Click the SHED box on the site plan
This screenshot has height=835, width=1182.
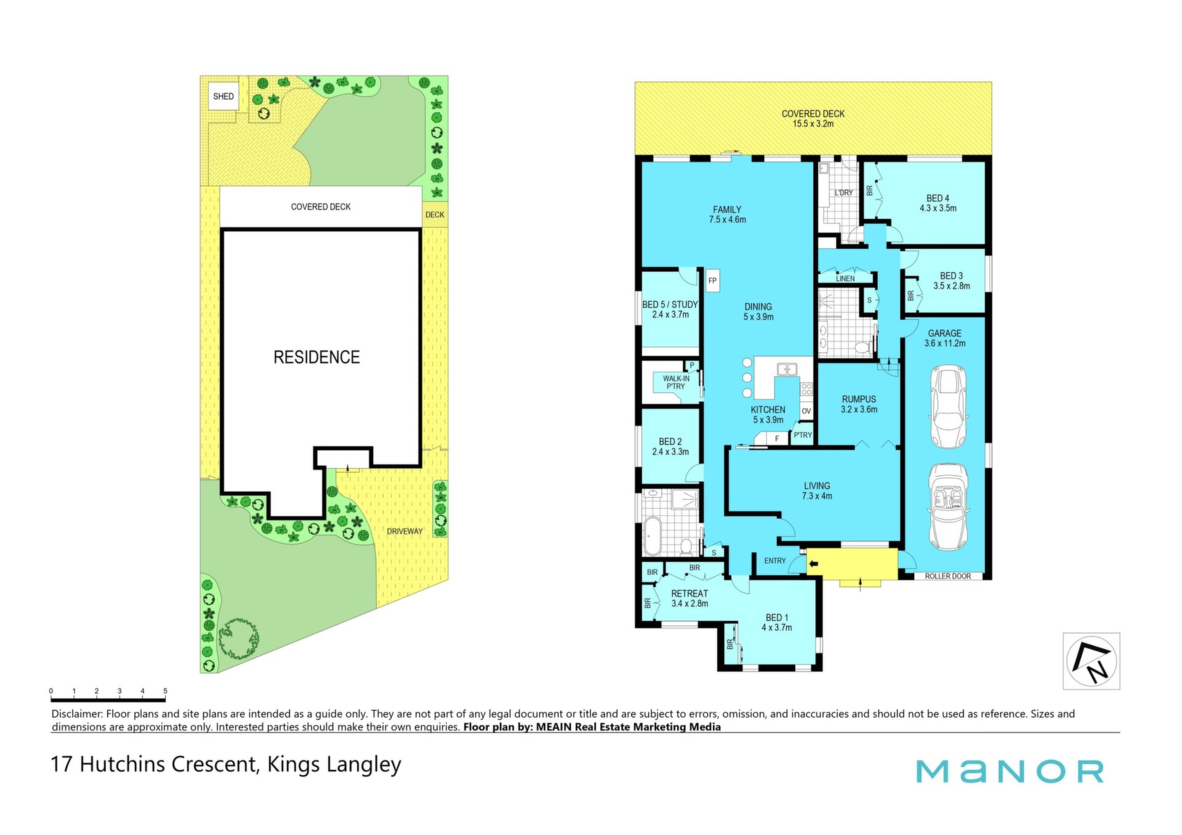click(x=223, y=97)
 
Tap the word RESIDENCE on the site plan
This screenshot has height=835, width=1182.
click(x=316, y=357)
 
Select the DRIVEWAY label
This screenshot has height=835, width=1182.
click(x=404, y=531)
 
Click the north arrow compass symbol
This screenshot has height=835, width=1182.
click(x=1092, y=661)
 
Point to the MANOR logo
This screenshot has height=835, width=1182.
click(x=1010, y=772)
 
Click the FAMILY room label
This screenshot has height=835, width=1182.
click(x=727, y=210)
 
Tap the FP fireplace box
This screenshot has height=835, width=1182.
click(x=712, y=281)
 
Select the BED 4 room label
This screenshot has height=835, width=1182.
click(x=938, y=198)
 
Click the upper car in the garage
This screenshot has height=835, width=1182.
click(x=948, y=407)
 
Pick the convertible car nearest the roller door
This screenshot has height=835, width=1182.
click(x=948, y=507)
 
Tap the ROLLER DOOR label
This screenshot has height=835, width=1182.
click(x=947, y=577)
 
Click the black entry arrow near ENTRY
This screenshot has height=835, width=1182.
click(x=813, y=564)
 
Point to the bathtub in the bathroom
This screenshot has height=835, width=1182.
click(x=652, y=536)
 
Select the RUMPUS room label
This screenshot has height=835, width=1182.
click(x=859, y=399)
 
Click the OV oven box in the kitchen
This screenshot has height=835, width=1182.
click(x=806, y=411)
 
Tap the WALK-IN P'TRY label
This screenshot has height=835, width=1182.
click(x=676, y=382)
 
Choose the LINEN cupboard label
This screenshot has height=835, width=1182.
click(x=845, y=279)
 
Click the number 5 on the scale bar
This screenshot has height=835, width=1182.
click(x=165, y=691)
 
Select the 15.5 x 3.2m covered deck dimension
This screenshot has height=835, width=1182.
click(x=813, y=124)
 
